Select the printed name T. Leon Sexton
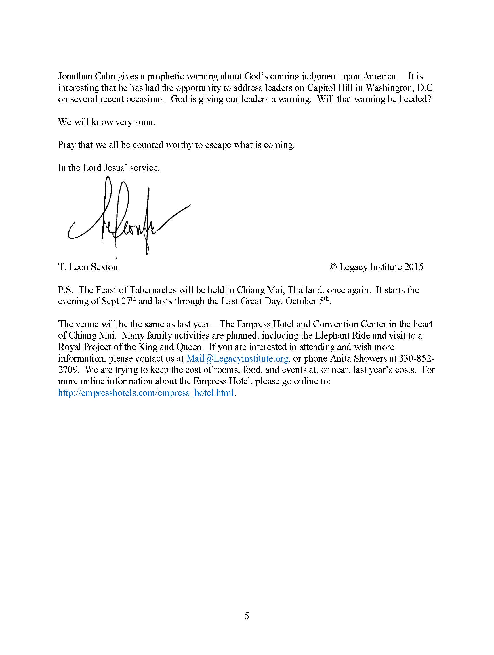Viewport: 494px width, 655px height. (x=88, y=267)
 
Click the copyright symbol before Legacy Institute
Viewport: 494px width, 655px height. (x=333, y=267)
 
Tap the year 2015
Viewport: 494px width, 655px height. (x=414, y=267)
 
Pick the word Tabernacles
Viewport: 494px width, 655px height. (x=153, y=290)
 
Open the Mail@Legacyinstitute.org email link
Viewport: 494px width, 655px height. (x=237, y=359)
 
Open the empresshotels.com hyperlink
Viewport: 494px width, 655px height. (x=146, y=393)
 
